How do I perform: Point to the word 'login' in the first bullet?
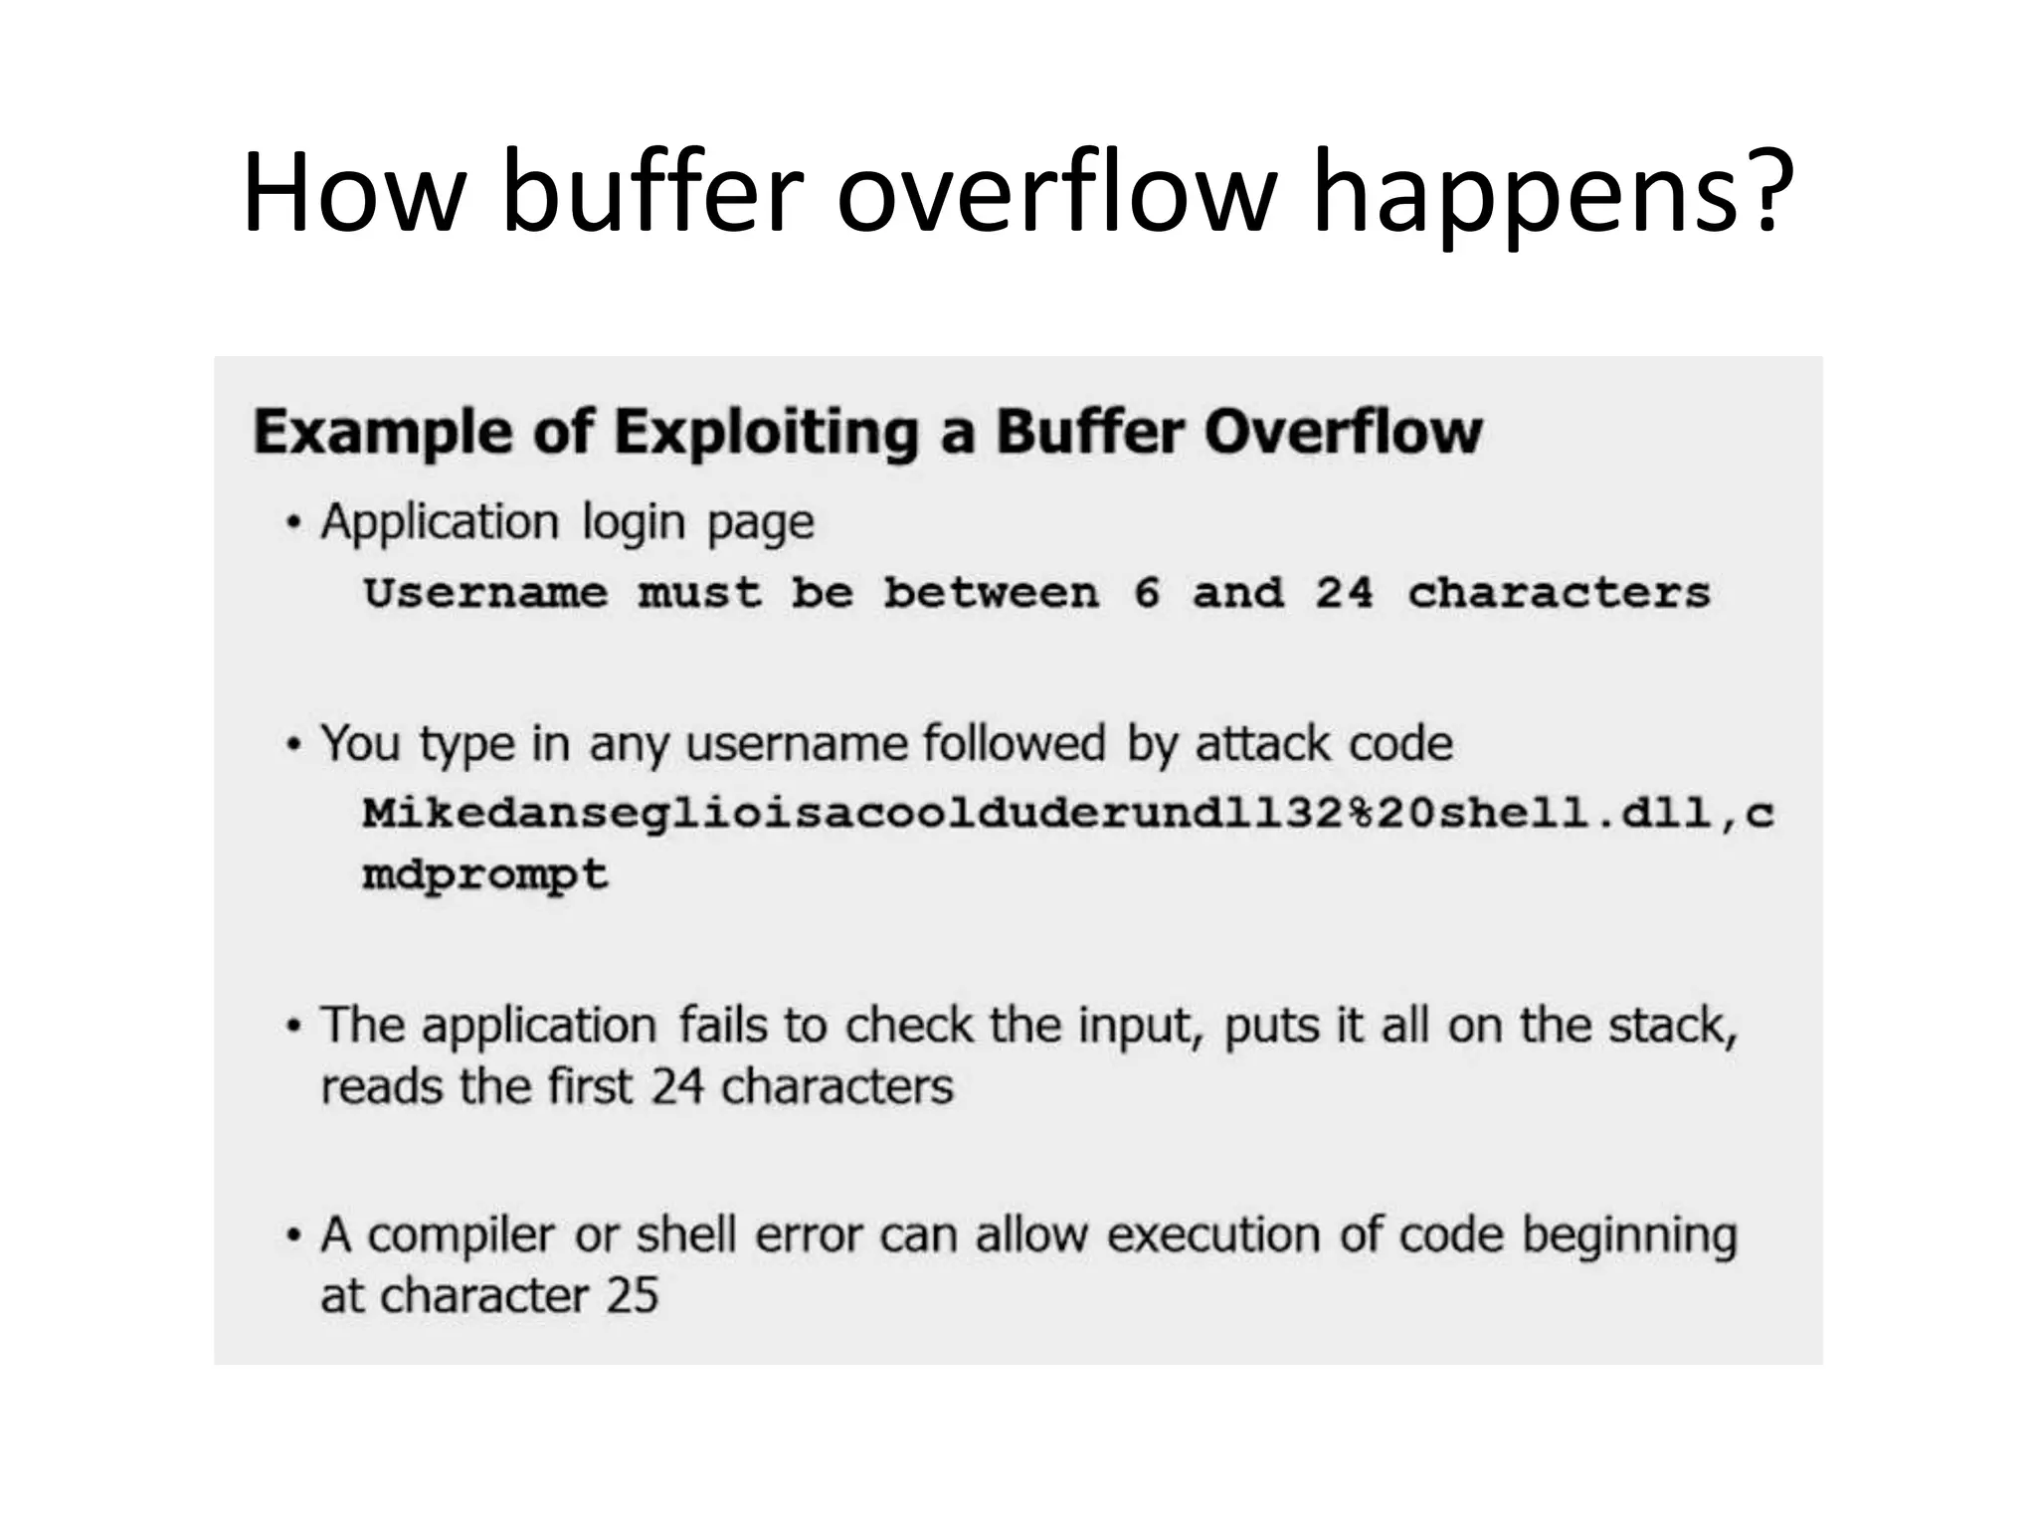[634, 522]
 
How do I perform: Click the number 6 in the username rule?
[1147, 594]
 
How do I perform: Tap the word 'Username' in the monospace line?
[485, 594]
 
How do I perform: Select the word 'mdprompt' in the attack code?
[485, 875]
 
